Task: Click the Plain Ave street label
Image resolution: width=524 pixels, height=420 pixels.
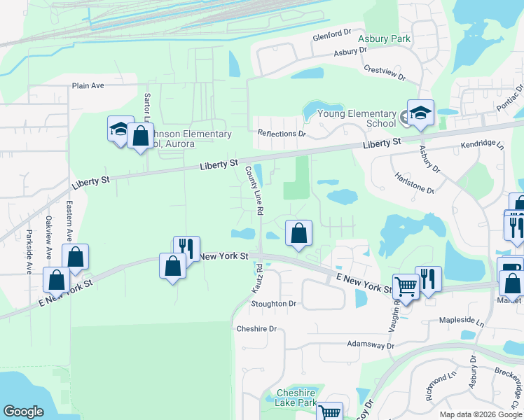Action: pyautogui.click(x=88, y=86)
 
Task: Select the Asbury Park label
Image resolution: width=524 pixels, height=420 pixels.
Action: pyautogui.click(x=384, y=39)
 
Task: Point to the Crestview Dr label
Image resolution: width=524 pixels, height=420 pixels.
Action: pyautogui.click(x=385, y=73)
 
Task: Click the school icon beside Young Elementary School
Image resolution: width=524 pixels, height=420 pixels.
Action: pyautogui.click(x=420, y=114)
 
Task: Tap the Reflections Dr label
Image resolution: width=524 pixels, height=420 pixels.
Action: pyautogui.click(x=282, y=133)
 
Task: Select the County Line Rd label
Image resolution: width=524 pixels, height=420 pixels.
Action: pyautogui.click(x=253, y=190)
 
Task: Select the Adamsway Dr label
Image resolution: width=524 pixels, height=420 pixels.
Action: pyautogui.click(x=371, y=345)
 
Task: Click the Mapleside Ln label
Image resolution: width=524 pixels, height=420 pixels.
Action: pyautogui.click(x=462, y=321)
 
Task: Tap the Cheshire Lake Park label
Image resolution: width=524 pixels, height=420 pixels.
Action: pyautogui.click(x=297, y=398)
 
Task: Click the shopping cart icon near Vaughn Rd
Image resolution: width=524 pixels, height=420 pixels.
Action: pyautogui.click(x=405, y=286)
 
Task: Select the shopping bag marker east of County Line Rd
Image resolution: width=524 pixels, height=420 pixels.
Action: pyautogui.click(x=298, y=233)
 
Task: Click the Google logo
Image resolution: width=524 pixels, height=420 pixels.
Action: pyautogui.click(x=24, y=412)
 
